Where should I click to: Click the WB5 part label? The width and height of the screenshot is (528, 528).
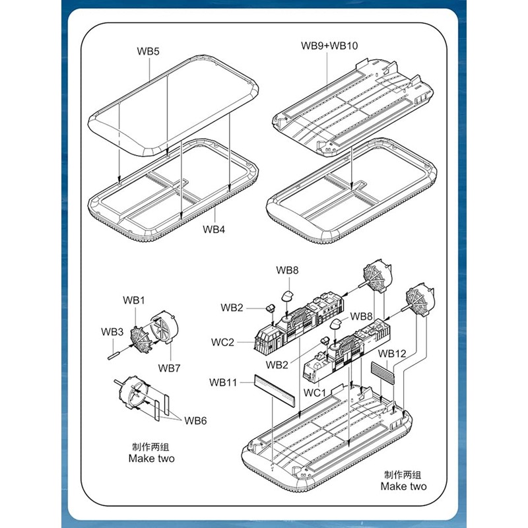(148, 51)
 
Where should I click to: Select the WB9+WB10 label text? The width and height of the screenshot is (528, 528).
(328, 46)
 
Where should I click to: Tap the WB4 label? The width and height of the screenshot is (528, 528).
(214, 230)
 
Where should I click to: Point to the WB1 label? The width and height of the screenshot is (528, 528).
(134, 300)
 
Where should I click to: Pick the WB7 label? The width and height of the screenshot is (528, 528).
(169, 367)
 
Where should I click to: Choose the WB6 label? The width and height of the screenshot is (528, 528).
(195, 420)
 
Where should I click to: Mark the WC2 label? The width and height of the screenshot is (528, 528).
(223, 342)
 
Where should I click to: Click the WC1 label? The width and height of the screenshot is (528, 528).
(315, 393)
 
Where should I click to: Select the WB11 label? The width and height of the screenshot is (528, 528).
(223, 381)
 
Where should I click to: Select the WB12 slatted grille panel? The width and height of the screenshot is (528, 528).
(382, 373)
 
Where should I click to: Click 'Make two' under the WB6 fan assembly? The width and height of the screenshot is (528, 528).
(151, 458)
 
